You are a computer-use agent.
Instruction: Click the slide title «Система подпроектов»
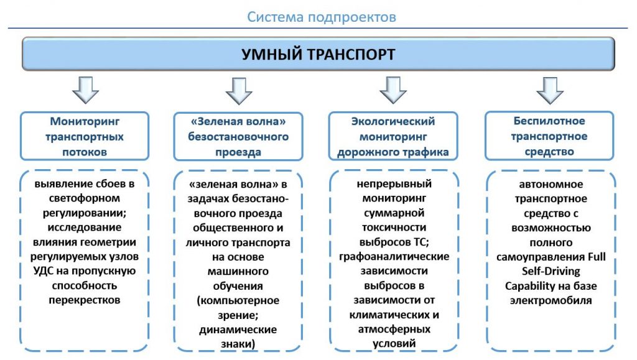pos(322,17)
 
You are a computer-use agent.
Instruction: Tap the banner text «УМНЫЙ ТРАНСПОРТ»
pos(318,54)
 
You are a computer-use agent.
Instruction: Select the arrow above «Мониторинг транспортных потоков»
pos(85,90)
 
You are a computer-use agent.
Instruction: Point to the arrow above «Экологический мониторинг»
pos(393,90)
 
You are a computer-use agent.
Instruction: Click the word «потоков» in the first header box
pos(85,152)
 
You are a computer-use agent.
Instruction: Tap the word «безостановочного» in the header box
pos(238,137)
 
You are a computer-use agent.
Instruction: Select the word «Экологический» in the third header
pos(393,121)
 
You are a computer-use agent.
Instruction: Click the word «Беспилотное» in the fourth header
pos(549,121)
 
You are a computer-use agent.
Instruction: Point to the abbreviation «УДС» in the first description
pos(42,271)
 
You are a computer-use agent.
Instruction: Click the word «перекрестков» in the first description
pos(85,300)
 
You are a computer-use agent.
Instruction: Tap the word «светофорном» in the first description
pos(85,198)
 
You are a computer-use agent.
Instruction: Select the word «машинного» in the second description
pos(238,272)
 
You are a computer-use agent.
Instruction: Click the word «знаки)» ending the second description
pos(238,344)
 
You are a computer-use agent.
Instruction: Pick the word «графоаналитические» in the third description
pos(394,257)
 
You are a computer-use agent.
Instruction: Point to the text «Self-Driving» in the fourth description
pos(551,271)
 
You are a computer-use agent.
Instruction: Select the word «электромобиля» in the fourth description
pos(551,301)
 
